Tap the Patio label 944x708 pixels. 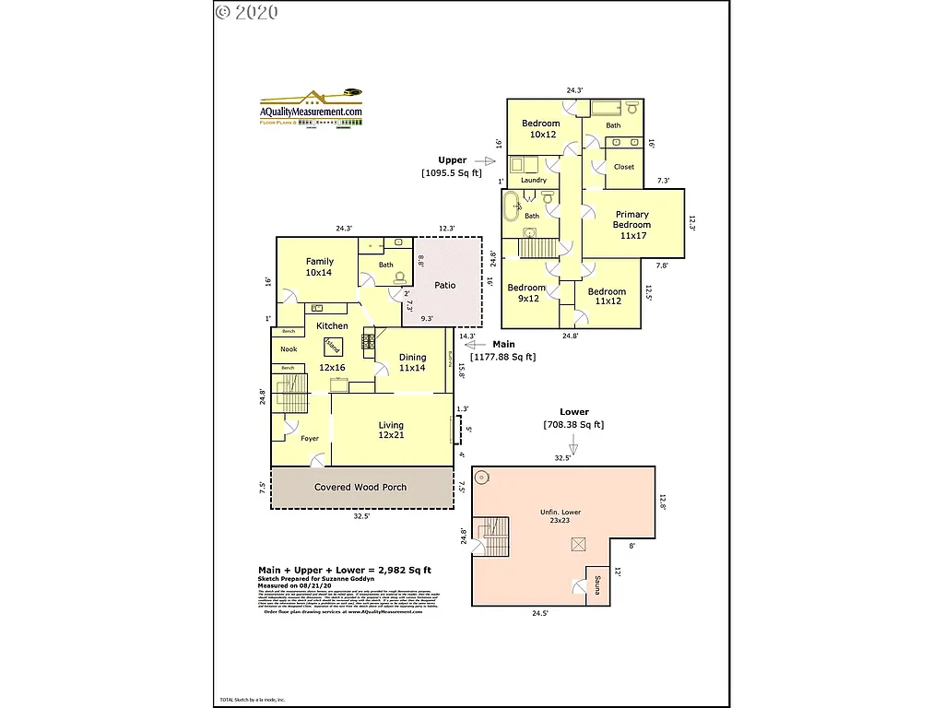tap(445, 286)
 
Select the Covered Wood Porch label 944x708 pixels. tap(360, 487)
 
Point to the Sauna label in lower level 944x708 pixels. tap(596, 586)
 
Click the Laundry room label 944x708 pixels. tap(534, 181)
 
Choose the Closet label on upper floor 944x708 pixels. tap(624, 167)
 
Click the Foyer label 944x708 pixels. tap(309, 439)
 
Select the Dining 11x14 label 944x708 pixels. tap(412, 362)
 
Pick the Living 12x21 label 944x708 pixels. tap(391, 430)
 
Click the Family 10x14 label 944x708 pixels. tap(320, 267)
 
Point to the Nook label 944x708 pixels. tap(289, 349)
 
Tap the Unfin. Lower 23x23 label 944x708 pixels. tap(560, 516)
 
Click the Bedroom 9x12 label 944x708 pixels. tap(526, 293)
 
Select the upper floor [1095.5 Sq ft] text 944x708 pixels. tap(452, 172)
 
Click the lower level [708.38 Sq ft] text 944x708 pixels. tap(573, 425)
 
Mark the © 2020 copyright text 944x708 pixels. tap(247, 12)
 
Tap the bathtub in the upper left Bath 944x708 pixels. tap(513, 206)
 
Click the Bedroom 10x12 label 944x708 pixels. tap(540, 129)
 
